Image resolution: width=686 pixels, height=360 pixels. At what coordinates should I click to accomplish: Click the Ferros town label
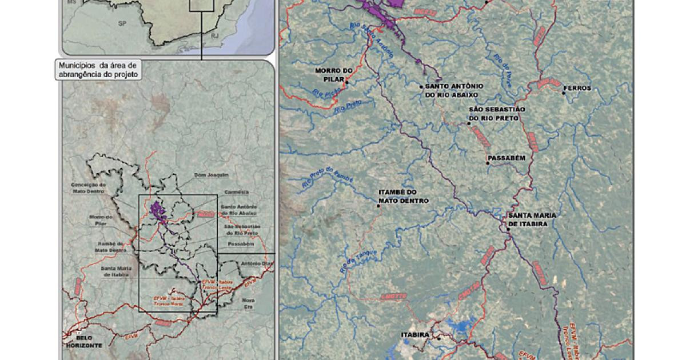pyautogui.click(x=577, y=89)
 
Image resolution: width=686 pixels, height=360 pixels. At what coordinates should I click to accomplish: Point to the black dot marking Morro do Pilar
pyautogui.click(x=347, y=82)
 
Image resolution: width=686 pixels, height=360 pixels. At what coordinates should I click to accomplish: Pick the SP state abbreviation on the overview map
pyautogui.click(x=122, y=23)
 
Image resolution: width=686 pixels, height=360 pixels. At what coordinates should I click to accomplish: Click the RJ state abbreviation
pyautogui.click(x=214, y=36)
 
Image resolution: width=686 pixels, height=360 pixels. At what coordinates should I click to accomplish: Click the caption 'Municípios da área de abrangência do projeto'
pyautogui.click(x=98, y=70)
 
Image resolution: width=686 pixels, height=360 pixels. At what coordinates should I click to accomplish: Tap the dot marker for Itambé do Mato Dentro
pyautogui.click(x=378, y=206)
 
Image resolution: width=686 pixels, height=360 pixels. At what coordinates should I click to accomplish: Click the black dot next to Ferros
pyautogui.click(x=564, y=93)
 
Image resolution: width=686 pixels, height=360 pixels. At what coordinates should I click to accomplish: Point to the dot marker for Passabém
pyautogui.click(x=488, y=163)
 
